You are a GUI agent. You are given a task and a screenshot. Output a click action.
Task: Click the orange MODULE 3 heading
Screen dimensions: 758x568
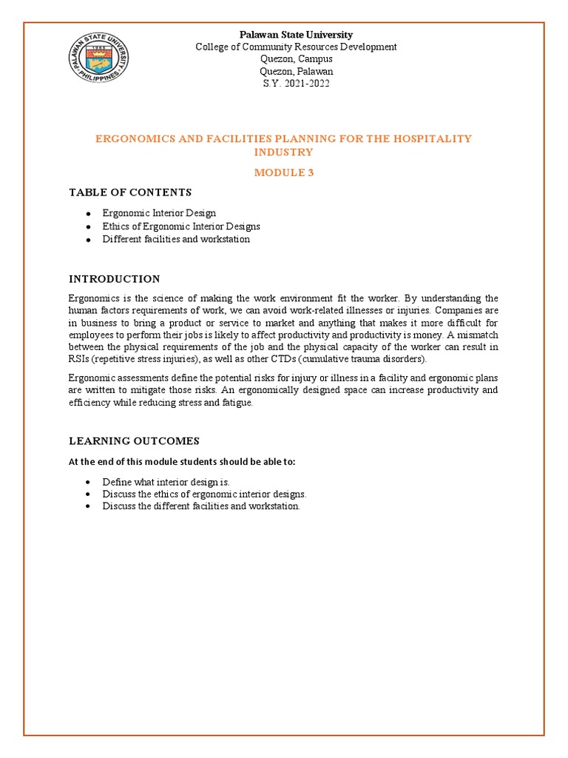[x=284, y=172]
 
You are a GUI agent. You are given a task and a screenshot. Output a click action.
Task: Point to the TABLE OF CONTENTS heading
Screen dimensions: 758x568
[x=130, y=192]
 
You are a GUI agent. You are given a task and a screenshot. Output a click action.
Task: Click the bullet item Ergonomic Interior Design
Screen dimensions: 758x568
[x=159, y=213]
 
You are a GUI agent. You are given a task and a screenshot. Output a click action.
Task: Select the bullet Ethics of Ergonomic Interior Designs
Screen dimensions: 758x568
[x=181, y=227]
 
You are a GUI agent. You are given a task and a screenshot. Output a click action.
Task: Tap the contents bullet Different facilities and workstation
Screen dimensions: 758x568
[x=176, y=240]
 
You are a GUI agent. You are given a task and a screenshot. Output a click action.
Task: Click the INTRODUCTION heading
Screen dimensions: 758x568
[x=115, y=279]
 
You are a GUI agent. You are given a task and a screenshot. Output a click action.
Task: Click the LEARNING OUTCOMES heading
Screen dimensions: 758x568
[x=134, y=441]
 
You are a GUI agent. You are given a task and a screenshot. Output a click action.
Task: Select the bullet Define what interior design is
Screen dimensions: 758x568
[x=166, y=482]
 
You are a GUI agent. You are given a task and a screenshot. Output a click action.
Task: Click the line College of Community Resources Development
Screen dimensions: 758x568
[x=296, y=47]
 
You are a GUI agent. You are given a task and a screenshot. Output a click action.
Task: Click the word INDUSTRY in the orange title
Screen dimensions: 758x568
[x=284, y=152]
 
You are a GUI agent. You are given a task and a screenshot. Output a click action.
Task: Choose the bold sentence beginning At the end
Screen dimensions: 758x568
[x=182, y=462]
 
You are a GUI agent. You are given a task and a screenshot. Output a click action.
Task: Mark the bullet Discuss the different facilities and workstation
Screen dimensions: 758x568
[x=201, y=506]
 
